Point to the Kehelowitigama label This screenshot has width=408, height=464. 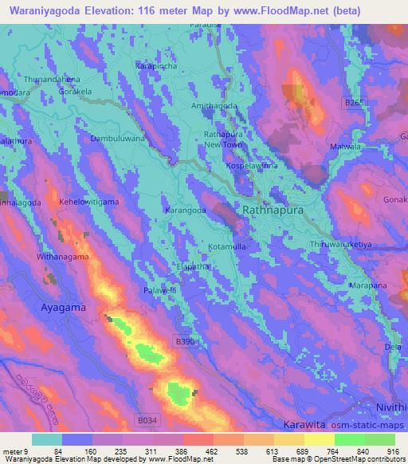[x=80, y=203]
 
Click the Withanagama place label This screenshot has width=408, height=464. [x=59, y=258]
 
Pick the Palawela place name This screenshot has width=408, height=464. [x=160, y=289]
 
